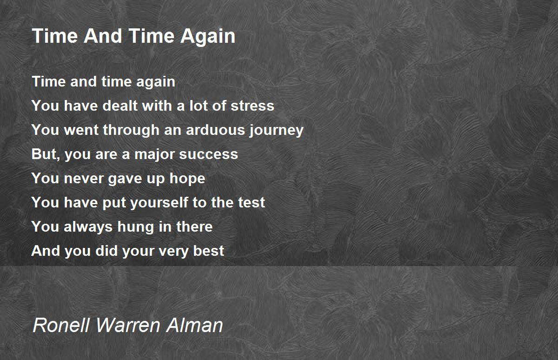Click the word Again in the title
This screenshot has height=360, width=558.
[208, 37]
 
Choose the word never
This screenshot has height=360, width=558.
[85, 179]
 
